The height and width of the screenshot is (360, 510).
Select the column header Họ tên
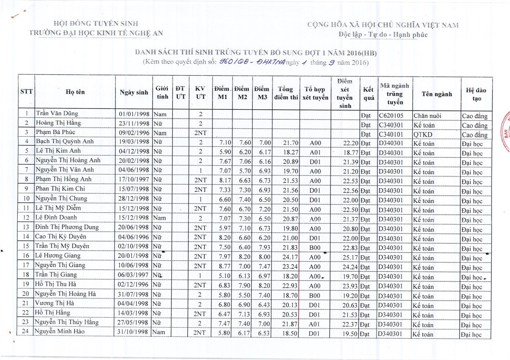75,92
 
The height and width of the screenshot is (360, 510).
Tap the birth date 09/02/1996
134,133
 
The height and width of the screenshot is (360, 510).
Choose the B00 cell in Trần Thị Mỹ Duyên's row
315,247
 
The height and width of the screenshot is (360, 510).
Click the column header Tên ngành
437,94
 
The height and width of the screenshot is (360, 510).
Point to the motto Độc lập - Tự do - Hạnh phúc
383,35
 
